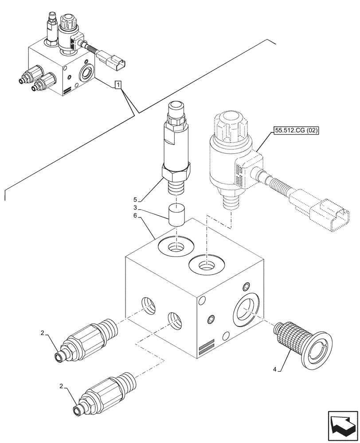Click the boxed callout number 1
pyautogui.click(x=117, y=84)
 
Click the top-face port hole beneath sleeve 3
pyautogui.click(x=176, y=246)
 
